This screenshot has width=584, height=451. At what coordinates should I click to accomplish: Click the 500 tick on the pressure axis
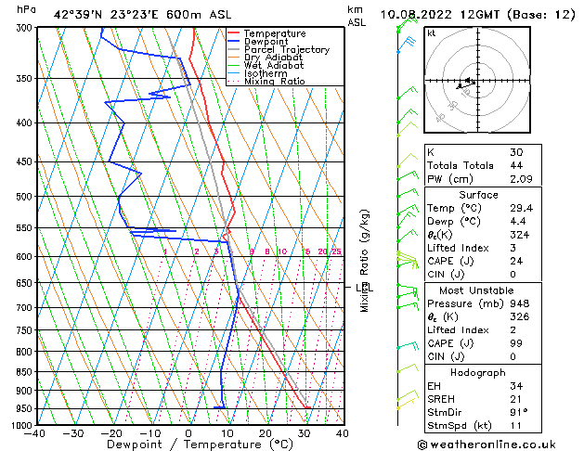[24, 197]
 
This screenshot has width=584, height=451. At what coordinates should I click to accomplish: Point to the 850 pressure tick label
[24, 371]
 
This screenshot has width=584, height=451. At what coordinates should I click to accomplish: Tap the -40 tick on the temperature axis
[35, 432]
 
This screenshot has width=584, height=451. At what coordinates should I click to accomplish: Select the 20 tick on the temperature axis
[266, 432]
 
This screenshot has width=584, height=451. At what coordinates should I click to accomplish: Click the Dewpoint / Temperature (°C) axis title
[188, 445]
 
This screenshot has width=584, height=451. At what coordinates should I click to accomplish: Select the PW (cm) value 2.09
[520, 179]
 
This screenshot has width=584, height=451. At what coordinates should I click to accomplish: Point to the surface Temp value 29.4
[520, 208]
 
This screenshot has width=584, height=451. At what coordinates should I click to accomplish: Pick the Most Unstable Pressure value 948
[518, 303]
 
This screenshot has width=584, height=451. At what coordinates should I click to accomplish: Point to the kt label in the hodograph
[432, 32]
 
